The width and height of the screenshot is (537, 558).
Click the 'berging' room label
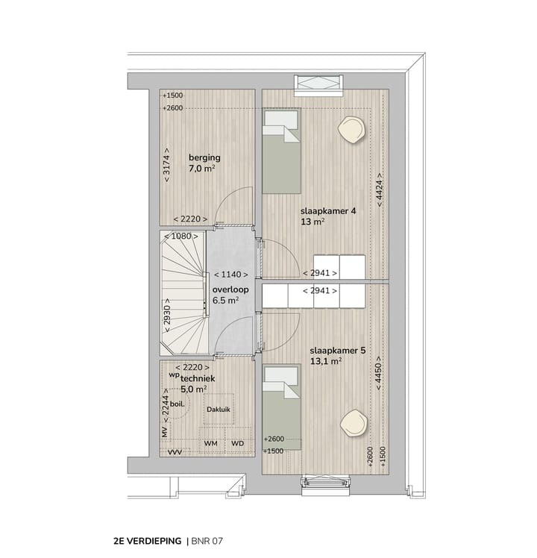204,158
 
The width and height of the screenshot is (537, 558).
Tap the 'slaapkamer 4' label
328,211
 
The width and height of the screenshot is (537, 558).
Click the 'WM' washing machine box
210,444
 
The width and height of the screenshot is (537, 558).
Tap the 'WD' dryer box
238,444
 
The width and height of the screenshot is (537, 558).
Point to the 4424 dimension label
380,187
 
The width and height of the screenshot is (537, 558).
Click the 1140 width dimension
230,275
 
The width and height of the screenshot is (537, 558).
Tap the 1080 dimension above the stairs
182,236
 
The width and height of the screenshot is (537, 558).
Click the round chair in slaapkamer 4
351,129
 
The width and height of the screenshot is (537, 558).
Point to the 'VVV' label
175,452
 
